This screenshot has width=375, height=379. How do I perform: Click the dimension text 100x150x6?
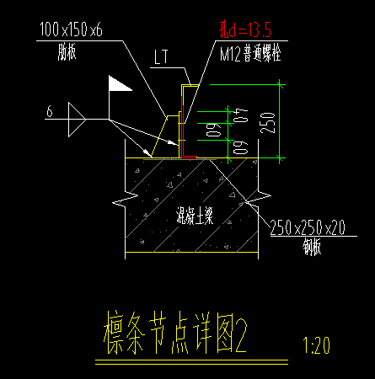(71, 29)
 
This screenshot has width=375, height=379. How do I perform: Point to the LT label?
(163, 58)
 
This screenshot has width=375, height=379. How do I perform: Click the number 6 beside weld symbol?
(50, 110)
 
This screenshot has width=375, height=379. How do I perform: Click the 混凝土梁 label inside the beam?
(193, 216)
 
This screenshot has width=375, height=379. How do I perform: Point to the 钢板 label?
(311, 247)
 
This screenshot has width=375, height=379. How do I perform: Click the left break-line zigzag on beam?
(123, 203)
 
